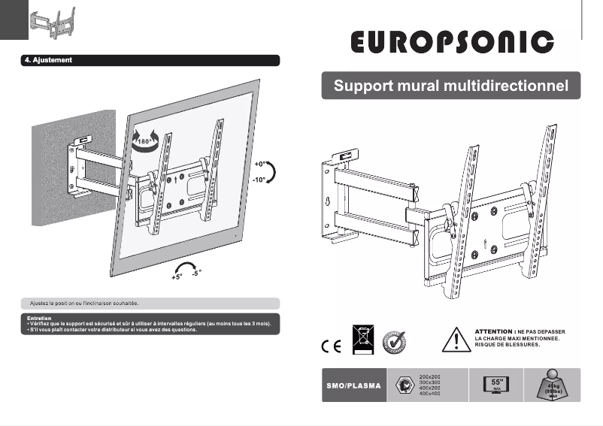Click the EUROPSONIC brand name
[452, 42]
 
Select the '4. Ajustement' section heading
[49, 60]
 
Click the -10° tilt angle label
[261, 180]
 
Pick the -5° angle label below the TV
[195, 273]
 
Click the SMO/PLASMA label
[353, 386]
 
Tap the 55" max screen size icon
[496, 384]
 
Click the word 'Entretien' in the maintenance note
[38, 319]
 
